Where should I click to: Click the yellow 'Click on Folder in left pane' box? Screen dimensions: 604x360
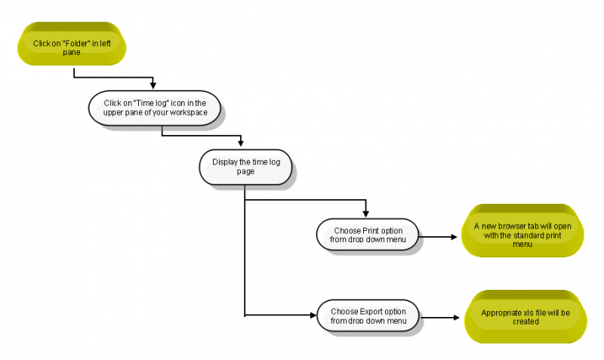(x=72, y=44)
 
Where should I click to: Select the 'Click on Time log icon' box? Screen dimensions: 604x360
(x=155, y=108)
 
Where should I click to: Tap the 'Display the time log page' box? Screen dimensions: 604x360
(x=245, y=167)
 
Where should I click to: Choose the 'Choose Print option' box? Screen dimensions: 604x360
(x=368, y=235)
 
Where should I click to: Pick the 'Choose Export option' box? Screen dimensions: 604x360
(x=368, y=315)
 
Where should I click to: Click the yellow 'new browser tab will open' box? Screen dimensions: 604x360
(x=522, y=231)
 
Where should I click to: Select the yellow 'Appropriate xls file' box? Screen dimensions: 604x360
(x=525, y=317)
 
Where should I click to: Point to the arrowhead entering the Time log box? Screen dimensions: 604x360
(x=153, y=86)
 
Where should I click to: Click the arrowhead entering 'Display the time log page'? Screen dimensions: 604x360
(x=241, y=143)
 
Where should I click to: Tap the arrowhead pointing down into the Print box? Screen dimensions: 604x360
(x=365, y=214)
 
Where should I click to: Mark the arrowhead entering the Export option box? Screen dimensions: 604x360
(x=313, y=315)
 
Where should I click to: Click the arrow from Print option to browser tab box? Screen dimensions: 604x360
(x=438, y=237)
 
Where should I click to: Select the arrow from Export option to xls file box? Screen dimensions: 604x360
(x=439, y=318)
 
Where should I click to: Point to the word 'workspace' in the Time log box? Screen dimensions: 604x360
(x=188, y=112)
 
